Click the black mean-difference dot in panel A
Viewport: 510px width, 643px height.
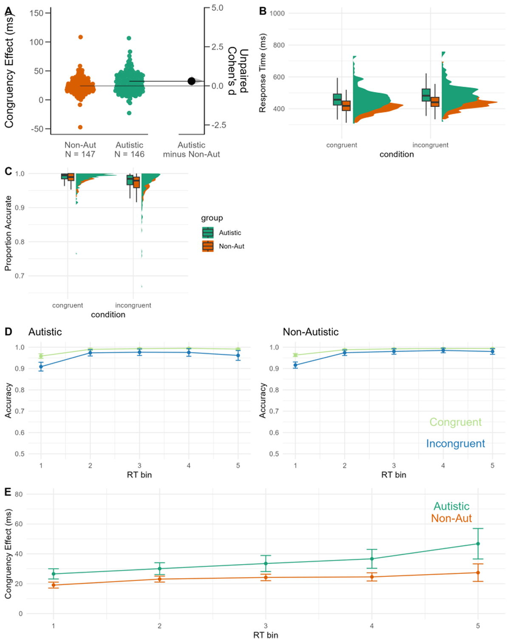[x=192, y=81]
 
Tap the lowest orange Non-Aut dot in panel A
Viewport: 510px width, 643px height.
[x=80, y=127]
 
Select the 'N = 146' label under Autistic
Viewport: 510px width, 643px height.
[x=130, y=154]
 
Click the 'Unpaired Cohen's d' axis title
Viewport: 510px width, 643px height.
[x=238, y=71]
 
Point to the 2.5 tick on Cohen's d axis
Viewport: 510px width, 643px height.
[x=217, y=47]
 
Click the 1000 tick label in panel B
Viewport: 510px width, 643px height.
[x=277, y=14]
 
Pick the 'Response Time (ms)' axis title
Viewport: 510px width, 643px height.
[x=262, y=73]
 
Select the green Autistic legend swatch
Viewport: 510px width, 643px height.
[x=208, y=233]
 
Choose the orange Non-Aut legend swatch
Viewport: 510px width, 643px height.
[x=208, y=246]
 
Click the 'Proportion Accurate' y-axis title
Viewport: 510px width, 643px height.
[x=8, y=233]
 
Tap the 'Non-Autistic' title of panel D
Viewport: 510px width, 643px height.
[x=311, y=332]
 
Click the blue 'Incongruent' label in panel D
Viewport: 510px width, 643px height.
[x=455, y=443]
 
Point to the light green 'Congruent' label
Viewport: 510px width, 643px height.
[x=455, y=422]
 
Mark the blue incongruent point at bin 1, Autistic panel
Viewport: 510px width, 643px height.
[x=41, y=367]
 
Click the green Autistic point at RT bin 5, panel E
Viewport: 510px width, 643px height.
[x=478, y=544]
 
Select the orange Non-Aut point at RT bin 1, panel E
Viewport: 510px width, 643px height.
[x=54, y=585]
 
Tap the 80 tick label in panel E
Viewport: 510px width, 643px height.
[x=19, y=494]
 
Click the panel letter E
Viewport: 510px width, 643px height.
[x=8, y=492]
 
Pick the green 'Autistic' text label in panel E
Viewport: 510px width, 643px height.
[x=451, y=506]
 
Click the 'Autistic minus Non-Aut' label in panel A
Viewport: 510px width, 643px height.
[x=192, y=149]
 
